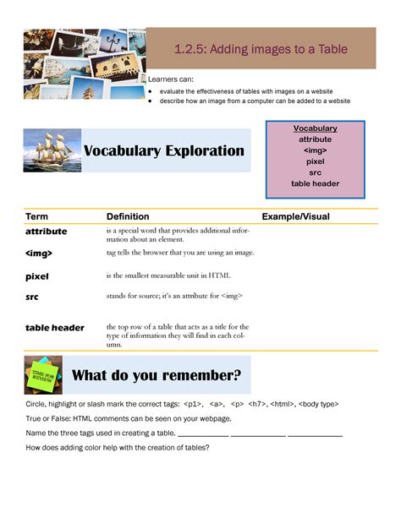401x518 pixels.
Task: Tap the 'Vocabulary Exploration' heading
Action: [163, 151]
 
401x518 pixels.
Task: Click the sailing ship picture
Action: [52, 150]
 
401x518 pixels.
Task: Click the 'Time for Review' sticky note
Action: [43, 375]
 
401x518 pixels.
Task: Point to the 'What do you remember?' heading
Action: [157, 375]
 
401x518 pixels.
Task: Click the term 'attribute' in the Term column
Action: [47, 232]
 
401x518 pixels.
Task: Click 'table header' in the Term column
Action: [55, 328]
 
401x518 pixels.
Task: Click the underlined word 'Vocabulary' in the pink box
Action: [316, 128]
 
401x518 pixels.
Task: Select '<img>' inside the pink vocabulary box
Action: [316, 150]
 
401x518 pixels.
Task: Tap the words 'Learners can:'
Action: [171, 79]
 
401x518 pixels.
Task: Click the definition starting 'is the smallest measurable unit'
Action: [168, 275]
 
